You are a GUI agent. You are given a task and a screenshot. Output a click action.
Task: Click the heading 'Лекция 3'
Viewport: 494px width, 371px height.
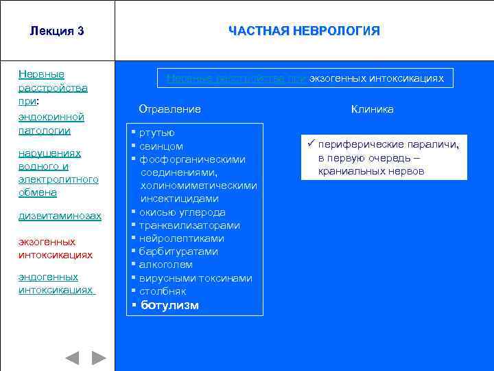[x=57, y=31]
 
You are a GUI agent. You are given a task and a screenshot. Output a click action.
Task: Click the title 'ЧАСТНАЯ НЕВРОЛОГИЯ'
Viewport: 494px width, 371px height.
[x=304, y=31]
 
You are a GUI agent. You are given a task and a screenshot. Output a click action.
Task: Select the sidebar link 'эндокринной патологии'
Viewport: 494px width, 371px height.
[x=51, y=124]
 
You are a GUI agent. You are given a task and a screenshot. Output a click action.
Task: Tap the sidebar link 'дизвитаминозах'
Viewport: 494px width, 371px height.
[x=60, y=216]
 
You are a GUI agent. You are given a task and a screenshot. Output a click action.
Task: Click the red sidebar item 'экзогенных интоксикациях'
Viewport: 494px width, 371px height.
[x=56, y=248]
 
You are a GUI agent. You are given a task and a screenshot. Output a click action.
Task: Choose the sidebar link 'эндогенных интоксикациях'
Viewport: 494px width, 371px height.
[x=56, y=283]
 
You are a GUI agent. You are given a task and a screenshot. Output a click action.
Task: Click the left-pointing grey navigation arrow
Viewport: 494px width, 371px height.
[x=72, y=358]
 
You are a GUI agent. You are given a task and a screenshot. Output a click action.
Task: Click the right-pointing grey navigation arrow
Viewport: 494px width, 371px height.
[x=99, y=358]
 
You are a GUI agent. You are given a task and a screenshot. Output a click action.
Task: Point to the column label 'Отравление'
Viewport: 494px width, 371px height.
[x=169, y=109]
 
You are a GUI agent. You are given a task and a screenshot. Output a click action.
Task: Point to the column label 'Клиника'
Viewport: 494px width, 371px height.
[x=373, y=109]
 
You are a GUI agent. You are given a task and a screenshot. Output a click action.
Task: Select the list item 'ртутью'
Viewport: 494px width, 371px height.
[x=157, y=133]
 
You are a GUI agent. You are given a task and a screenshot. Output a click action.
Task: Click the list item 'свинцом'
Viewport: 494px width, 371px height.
[x=161, y=146]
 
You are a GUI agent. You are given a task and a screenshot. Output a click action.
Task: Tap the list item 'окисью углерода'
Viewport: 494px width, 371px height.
[x=183, y=212]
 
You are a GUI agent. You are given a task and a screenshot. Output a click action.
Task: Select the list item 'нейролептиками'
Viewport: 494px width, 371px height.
[x=182, y=238]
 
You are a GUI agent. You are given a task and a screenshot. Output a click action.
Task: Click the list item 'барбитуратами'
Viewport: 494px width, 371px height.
[x=178, y=251]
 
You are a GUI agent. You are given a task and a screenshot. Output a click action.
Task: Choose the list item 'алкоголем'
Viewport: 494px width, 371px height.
[x=166, y=265]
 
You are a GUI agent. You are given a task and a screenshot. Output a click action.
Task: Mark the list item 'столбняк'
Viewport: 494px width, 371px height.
[x=163, y=291]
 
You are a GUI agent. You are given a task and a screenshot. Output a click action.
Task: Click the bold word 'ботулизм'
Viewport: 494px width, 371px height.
[x=169, y=305]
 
